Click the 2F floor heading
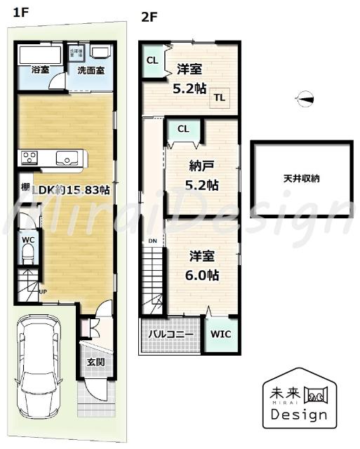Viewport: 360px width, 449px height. point(149,17)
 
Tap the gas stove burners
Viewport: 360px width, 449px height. point(29,157)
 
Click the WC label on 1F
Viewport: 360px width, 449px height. point(28,239)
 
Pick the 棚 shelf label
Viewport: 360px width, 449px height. point(25,187)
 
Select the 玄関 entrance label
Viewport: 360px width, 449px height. point(95,362)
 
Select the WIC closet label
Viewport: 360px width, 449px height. point(222,334)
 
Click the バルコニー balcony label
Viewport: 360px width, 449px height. point(171,335)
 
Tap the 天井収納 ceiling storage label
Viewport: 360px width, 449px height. point(301,179)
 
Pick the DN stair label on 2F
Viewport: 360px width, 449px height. point(152,241)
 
